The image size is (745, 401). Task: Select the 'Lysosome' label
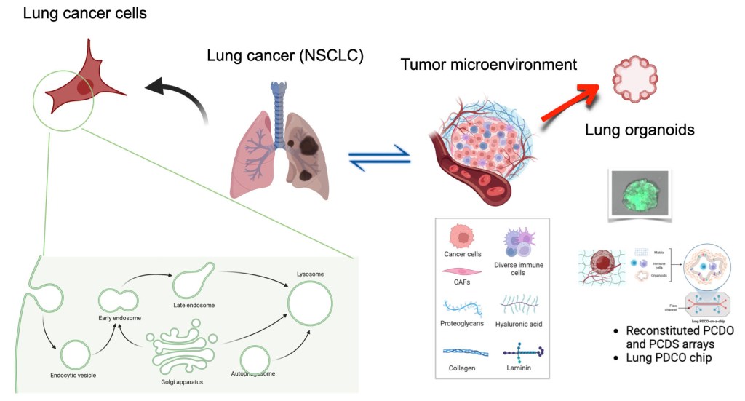pos(310,274)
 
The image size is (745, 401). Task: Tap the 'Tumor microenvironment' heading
pos(489,64)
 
